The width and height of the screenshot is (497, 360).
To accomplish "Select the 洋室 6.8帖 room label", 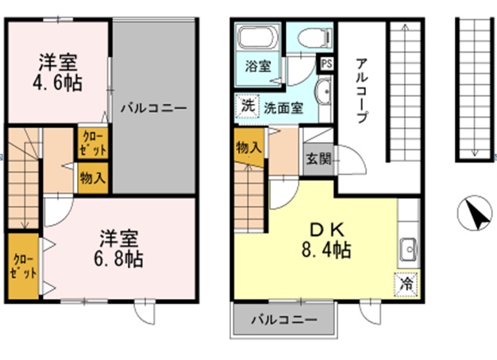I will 120,248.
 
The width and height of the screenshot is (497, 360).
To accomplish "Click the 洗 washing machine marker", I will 247,106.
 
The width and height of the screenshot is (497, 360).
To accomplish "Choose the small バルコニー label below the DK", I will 284,320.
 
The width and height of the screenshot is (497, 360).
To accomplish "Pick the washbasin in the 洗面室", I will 323,95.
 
